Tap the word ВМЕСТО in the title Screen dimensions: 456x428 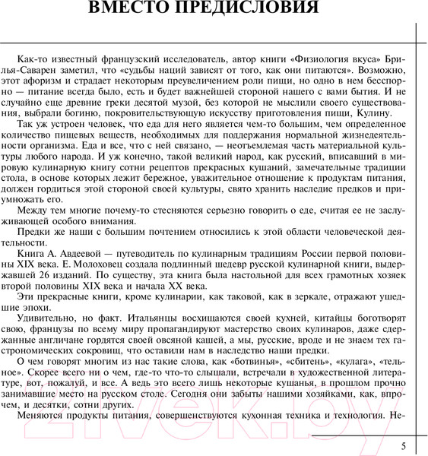pos(125,10)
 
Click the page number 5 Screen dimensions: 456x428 pos(404,445)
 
